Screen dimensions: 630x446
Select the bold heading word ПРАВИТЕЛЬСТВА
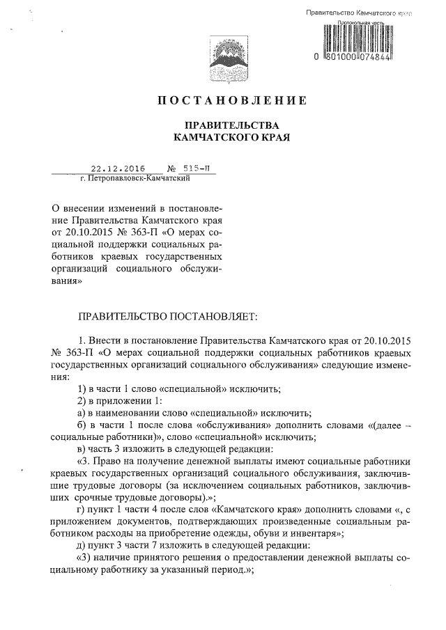(231, 125)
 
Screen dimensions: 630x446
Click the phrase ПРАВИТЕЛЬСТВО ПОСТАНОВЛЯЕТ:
(168, 316)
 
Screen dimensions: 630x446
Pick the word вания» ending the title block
(68, 283)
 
